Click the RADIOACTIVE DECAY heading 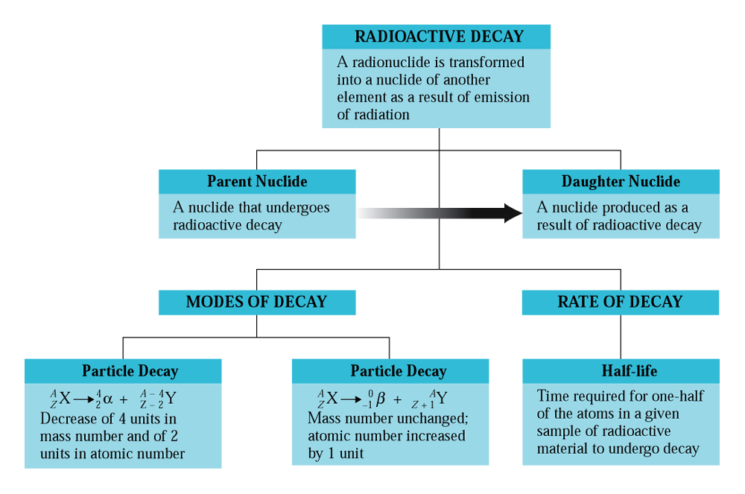pos(439,37)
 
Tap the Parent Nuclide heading pos(257,182)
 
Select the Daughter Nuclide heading pos(621,182)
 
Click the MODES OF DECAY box pos(257,302)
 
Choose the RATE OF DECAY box pos(621,302)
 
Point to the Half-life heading pos(630,370)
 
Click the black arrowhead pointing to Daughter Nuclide pos(513,213)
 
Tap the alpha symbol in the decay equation pos(108,399)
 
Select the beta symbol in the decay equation pos(380,399)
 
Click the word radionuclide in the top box pos(392,63)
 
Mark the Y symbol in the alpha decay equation pos(171,398)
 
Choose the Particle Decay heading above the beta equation pos(398,370)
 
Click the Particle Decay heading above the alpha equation pos(130,370)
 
